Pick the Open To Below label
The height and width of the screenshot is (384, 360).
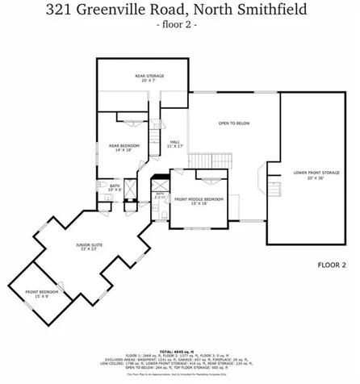(233, 123)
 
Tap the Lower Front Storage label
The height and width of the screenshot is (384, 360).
(307, 172)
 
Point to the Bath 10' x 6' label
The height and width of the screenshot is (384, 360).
(114, 187)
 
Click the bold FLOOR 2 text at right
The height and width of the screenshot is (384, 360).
(332, 265)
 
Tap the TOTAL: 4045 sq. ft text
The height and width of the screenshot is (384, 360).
(179, 351)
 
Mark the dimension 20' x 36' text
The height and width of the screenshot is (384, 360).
(307, 177)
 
